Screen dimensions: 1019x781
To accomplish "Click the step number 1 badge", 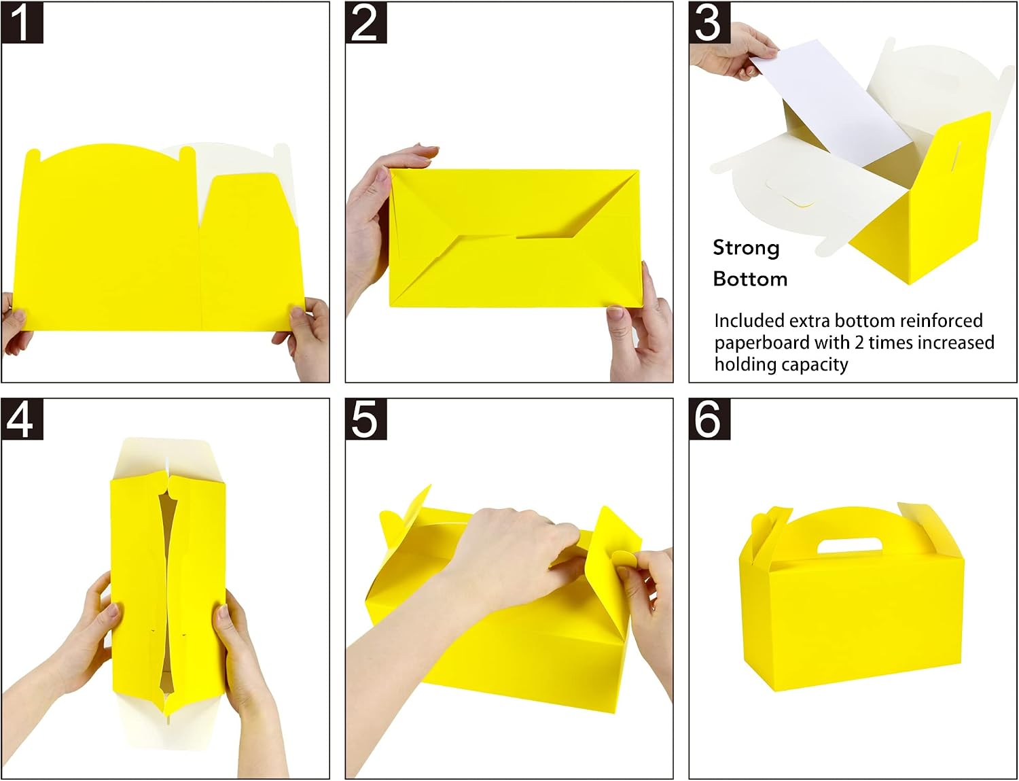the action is [22, 23].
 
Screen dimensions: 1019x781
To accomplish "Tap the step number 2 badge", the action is [365, 23].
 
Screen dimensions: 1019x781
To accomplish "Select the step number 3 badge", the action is [709, 23].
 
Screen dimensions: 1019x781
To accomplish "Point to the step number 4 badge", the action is [22, 419].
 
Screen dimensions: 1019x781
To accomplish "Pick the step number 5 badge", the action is [365, 419].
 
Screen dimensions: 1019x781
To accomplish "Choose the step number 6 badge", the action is [709, 419].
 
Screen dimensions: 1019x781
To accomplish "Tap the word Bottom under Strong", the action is [750, 279].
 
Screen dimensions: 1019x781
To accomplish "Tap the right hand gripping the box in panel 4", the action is [246, 676].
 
